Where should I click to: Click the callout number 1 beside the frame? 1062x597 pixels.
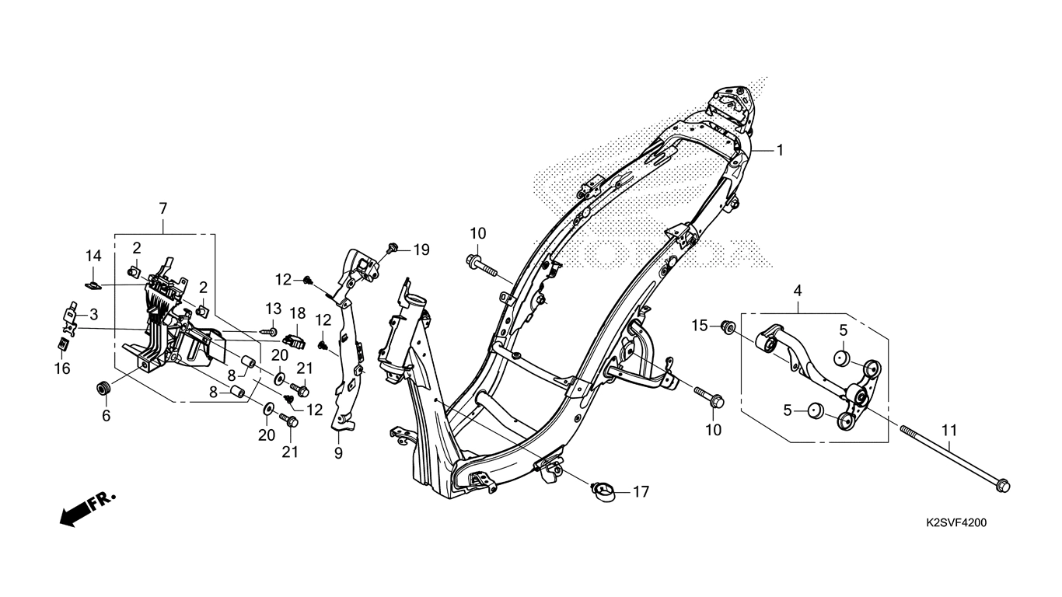coord(780,150)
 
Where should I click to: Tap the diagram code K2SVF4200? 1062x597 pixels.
coord(957,523)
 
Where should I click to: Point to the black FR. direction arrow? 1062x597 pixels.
coord(88,509)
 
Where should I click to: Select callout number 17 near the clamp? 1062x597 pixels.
coord(641,492)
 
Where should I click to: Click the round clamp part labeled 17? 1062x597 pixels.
coord(602,492)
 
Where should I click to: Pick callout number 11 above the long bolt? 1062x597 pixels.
coord(949,431)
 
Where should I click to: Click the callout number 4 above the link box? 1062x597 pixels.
coord(798,291)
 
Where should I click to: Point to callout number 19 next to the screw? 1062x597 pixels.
coord(421,250)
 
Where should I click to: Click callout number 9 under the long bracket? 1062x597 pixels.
coord(338,453)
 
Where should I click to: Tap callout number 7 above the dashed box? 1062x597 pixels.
coord(163,208)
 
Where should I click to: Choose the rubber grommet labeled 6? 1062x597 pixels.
coord(103,389)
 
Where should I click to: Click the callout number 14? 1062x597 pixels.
coord(93,256)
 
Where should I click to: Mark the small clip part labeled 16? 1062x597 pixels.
coord(61,344)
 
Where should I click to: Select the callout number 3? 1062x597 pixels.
coord(93,314)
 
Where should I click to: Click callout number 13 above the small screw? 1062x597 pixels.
coord(273,309)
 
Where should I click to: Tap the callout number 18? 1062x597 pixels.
coord(297,313)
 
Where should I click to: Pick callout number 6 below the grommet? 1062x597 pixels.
coord(107,416)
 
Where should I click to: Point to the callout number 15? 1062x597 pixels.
coord(699,326)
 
